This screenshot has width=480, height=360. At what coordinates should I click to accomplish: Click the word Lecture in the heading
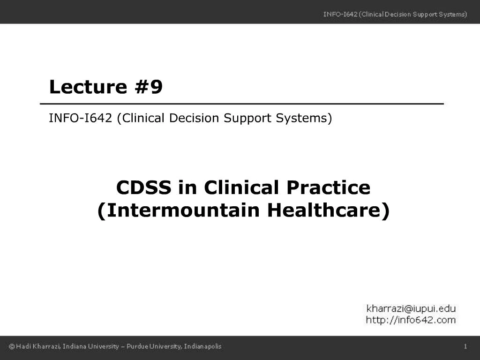click(x=88, y=87)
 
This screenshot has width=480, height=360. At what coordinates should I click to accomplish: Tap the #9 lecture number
click(x=149, y=87)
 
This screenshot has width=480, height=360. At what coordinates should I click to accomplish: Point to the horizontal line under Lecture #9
click(x=242, y=104)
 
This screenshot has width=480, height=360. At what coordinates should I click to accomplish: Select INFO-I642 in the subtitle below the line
click(x=81, y=118)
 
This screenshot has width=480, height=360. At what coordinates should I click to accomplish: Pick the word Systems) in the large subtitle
click(x=304, y=118)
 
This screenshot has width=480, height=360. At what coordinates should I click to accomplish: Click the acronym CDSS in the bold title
click(x=143, y=187)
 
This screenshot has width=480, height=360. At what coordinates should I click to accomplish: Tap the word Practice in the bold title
click(x=329, y=187)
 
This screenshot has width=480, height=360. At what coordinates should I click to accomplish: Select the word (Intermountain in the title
click(x=179, y=210)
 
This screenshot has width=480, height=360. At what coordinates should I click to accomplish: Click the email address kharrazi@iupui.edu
click(x=411, y=308)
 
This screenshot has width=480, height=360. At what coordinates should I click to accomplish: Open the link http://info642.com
click(x=411, y=320)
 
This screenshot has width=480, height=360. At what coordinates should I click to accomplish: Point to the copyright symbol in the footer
click(x=12, y=346)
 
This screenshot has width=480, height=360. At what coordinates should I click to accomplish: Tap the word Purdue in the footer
click(x=137, y=346)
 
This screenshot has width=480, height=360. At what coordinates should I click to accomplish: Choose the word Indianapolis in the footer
click(x=202, y=346)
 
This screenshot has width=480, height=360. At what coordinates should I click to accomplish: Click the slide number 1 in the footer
click(x=465, y=346)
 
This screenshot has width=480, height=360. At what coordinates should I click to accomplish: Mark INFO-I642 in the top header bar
click(x=340, y=15)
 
